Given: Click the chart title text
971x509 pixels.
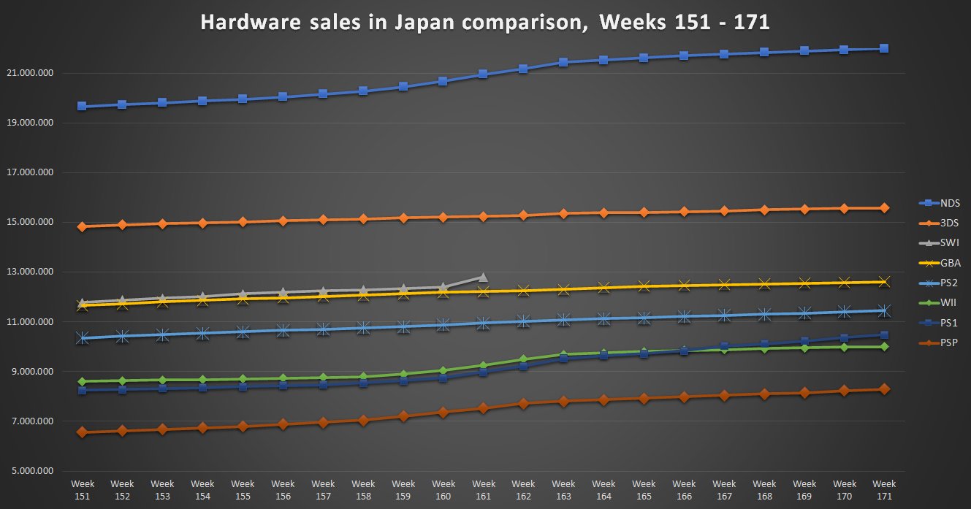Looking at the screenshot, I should [484, 23].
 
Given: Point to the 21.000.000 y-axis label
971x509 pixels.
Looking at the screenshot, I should [34, 73].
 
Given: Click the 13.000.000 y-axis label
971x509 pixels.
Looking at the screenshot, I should [34, 272].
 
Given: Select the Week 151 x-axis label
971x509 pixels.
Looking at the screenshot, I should [83, 489].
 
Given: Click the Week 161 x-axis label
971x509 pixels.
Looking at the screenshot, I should [484, 489].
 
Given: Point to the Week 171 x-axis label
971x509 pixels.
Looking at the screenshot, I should [884, 489].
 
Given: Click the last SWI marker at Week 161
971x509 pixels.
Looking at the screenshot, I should [483, 278].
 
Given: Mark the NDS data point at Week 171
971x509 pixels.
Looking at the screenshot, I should [884, 49].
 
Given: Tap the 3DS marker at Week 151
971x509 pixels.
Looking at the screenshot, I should [83, 226].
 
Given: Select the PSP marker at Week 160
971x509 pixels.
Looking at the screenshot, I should [443, 413].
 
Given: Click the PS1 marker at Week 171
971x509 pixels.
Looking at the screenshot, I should [884, 335].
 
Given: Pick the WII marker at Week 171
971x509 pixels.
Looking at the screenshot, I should [884, 347].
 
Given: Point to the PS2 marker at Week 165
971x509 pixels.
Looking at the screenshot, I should [644, 318].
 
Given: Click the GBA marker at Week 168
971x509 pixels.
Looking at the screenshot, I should [764, 284].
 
